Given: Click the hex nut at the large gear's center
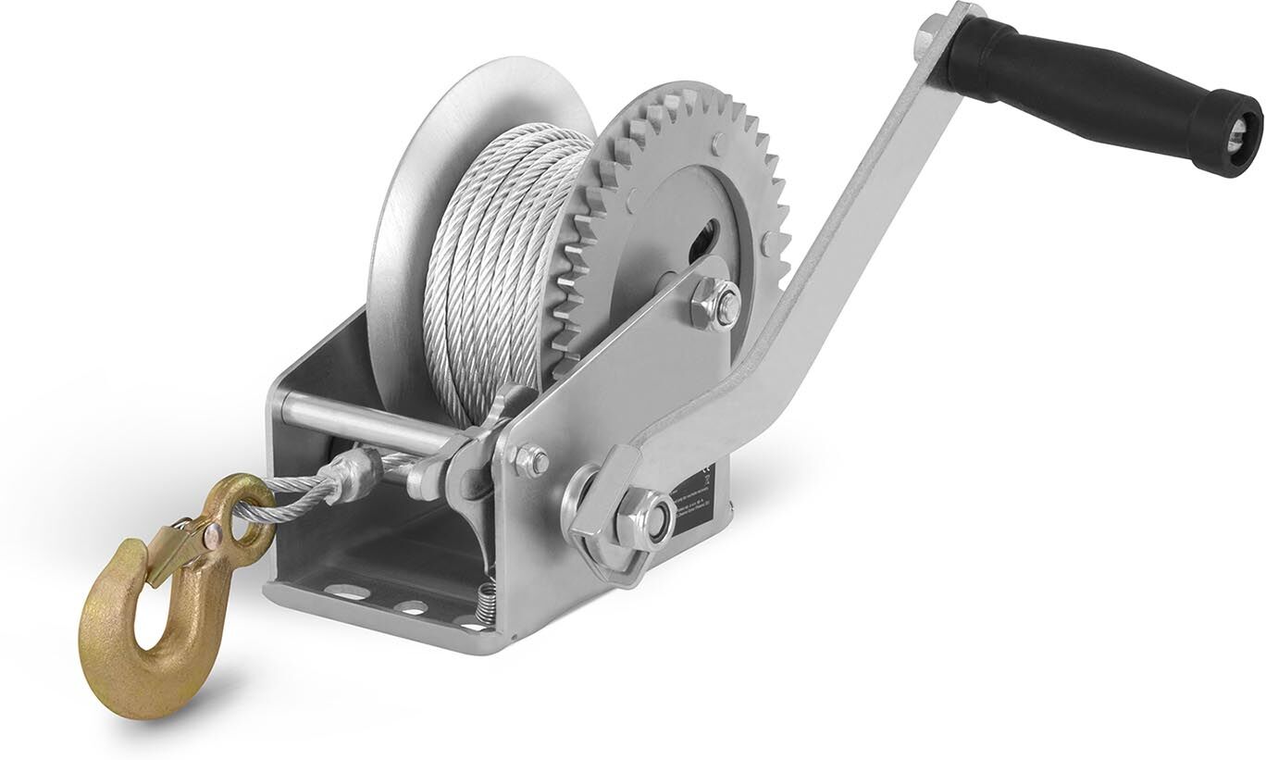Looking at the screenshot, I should pyautogui.click(x=716, y=305).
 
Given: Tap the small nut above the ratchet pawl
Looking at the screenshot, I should pyautogui.click(x=531, y=461).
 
